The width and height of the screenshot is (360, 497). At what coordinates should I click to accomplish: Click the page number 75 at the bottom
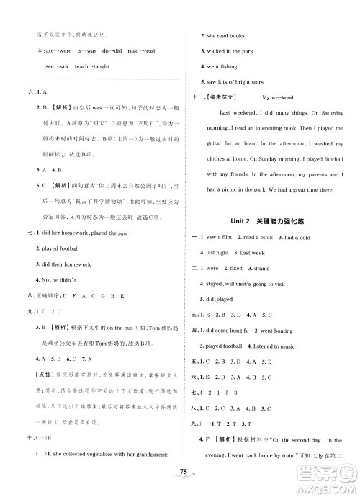pyautogui.click(x=180, y=483)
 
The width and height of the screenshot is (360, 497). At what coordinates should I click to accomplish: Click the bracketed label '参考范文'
pyautogui.click(x=225, y=97)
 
